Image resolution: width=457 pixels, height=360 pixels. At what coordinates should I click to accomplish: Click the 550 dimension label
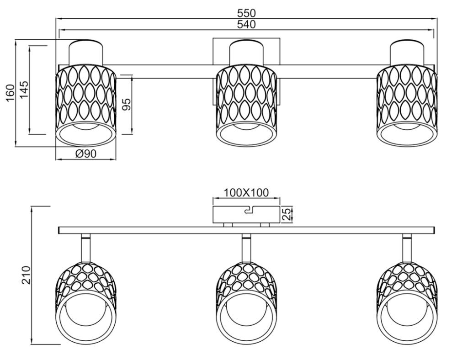246,13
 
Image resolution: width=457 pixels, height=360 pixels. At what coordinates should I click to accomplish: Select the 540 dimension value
246,25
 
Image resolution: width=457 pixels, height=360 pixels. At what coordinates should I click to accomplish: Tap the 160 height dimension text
10,93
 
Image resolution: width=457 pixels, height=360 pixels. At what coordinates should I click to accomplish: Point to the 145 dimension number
24,90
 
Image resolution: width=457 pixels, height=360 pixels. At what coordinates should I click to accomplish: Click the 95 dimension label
126,105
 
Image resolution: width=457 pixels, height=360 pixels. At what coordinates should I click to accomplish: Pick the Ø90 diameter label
86,154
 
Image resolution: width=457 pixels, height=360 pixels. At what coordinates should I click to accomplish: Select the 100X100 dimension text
246,192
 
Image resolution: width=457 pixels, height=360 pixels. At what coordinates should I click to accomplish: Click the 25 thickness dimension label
287,214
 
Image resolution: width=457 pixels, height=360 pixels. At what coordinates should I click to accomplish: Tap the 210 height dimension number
26,275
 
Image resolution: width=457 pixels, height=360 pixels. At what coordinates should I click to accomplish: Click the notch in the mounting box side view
249,210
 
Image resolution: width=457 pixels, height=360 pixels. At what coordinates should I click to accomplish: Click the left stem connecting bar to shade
86,248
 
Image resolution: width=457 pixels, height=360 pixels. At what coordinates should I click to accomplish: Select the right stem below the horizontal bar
407,248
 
